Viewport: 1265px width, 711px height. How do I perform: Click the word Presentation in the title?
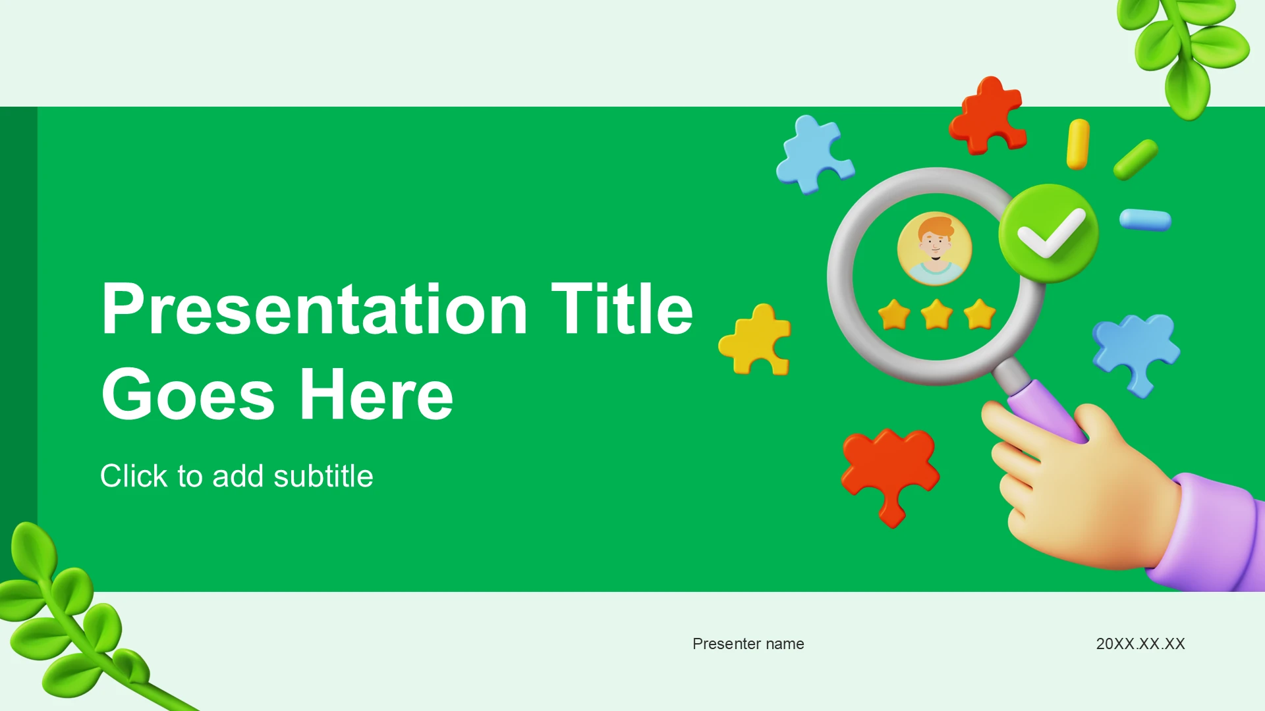[315, 309]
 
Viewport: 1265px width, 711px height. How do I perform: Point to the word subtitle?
[323, 475]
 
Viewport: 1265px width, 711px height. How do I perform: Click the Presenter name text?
[748, 643]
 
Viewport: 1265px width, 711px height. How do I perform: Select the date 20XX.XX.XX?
[1140, 643]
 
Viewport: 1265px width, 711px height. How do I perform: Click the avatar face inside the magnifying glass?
[934, 248]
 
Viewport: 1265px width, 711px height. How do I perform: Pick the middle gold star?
[937, 314]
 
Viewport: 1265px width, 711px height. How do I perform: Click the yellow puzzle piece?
[756, 339]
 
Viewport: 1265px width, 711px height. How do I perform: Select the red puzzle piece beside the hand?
[890, 475]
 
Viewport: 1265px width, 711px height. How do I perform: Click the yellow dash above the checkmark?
[1078, 144]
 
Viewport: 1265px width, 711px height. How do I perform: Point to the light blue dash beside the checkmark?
[1146, 220]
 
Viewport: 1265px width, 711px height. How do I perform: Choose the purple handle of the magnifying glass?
[1046, 411]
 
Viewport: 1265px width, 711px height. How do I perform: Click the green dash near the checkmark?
[1136, 159]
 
